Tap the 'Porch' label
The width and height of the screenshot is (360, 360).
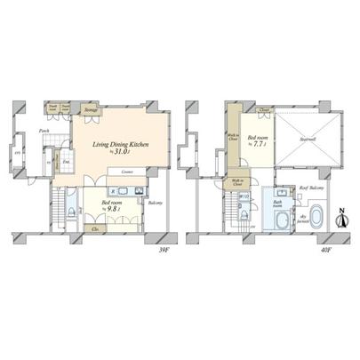pos(44,131)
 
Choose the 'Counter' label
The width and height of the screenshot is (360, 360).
pos(127,172)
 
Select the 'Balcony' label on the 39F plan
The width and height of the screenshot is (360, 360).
pos(156,203)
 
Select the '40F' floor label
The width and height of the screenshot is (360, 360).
pos(325,250)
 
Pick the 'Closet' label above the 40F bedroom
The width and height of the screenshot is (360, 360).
pos(265,111)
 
